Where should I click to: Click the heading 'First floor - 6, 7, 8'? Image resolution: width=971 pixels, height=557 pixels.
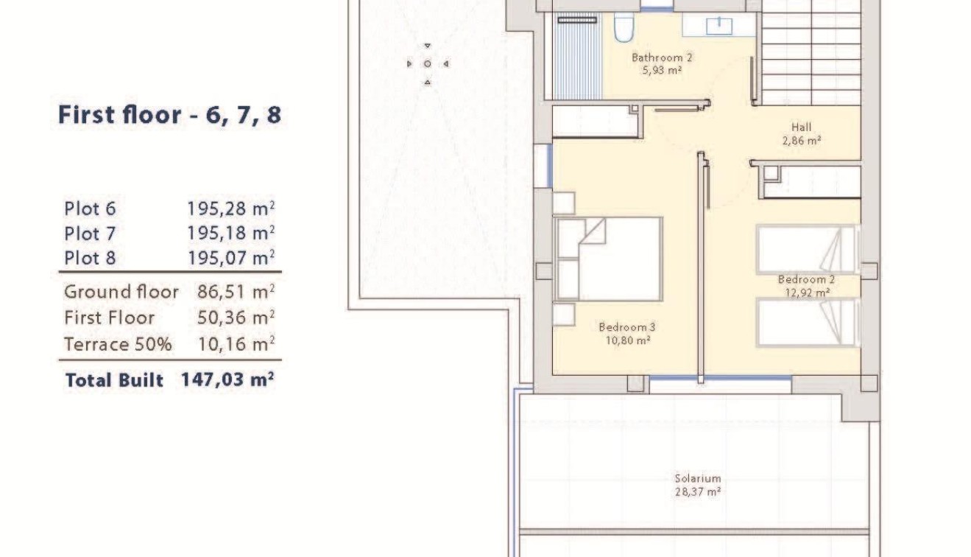(x=169, y=115)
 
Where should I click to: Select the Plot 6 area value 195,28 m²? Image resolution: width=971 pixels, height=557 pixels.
(x=230, y=209)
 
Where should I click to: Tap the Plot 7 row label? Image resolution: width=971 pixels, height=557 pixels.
(x=90, y=234)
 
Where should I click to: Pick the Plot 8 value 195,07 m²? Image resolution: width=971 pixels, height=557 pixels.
(x=230, y=259)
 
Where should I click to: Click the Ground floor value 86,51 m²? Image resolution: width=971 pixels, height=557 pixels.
(x=236, y=292)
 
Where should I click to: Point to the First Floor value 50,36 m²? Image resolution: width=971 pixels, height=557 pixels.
(x=236, y=318)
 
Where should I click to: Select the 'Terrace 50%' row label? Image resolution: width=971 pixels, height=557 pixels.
(x=118, y=344)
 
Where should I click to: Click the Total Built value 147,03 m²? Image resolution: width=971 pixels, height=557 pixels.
(x=227, y=380)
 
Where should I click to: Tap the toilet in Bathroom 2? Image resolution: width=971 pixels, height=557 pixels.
(x=622, y=28)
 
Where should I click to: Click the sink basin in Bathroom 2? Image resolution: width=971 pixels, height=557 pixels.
(x=718, y=26)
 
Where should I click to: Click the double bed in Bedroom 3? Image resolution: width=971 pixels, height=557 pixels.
(x=609, y=259)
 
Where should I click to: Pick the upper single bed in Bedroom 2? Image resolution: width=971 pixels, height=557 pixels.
(x=807, y=249)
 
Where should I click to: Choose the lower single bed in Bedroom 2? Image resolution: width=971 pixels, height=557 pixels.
(x=807, y=322)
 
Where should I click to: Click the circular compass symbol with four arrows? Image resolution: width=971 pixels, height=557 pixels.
(x=427, y=64)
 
